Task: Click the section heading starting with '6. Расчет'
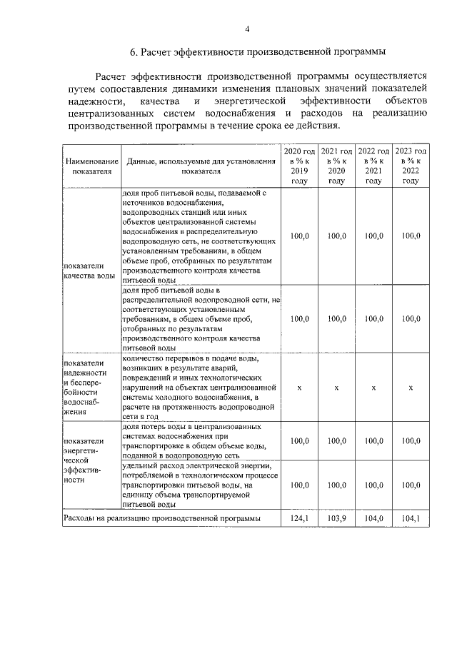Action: coord(257,52)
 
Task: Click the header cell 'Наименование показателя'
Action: coord(90,166)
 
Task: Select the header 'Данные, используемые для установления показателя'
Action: coord(201,166)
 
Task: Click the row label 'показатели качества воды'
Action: coord(89,270)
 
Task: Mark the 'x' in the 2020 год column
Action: coord(299,387)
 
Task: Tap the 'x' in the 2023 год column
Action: coord(411,387)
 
